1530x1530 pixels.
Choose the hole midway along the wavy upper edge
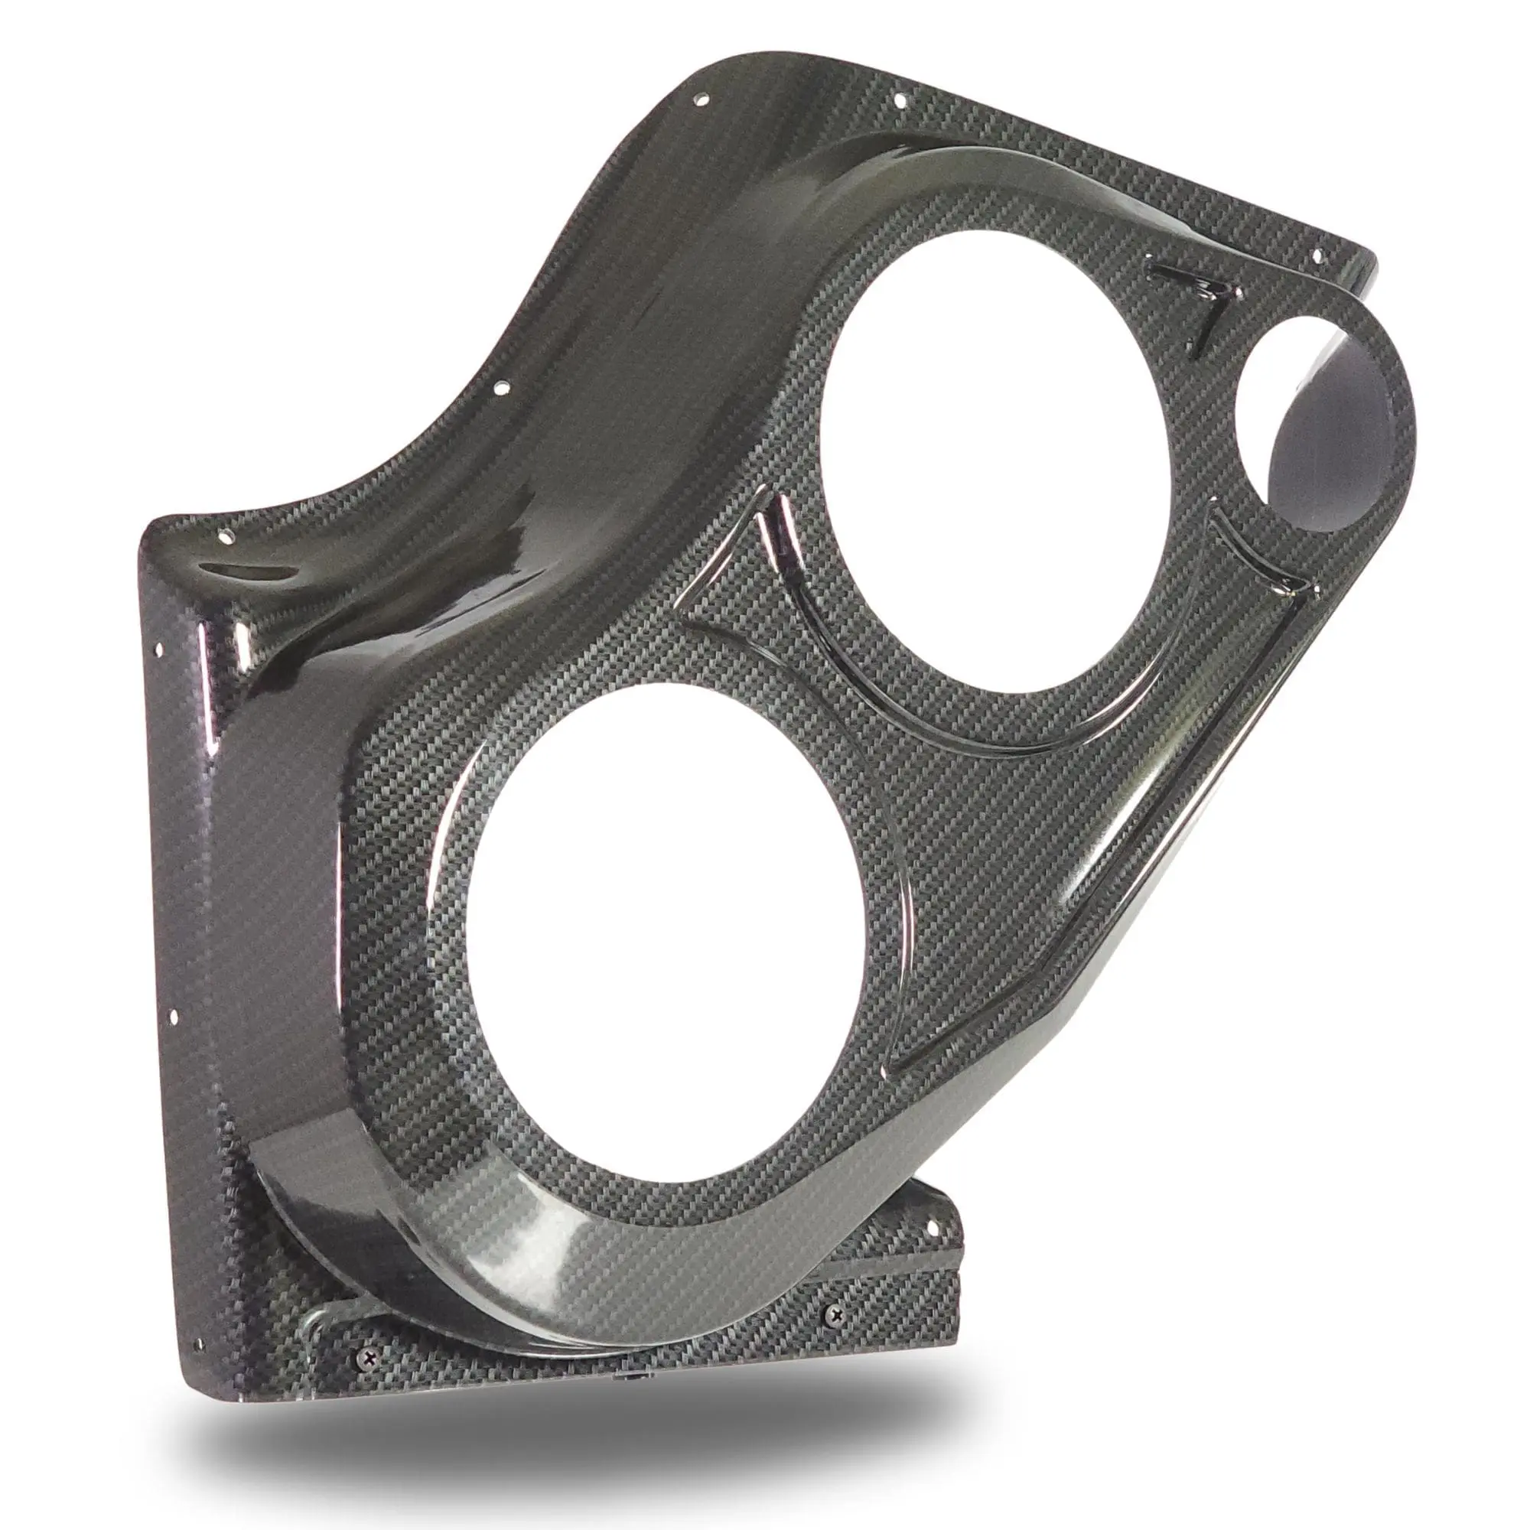pyautogui.click(x=500, y=389)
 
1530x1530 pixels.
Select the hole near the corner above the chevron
pyautogui.click(x=1317, y=256)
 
